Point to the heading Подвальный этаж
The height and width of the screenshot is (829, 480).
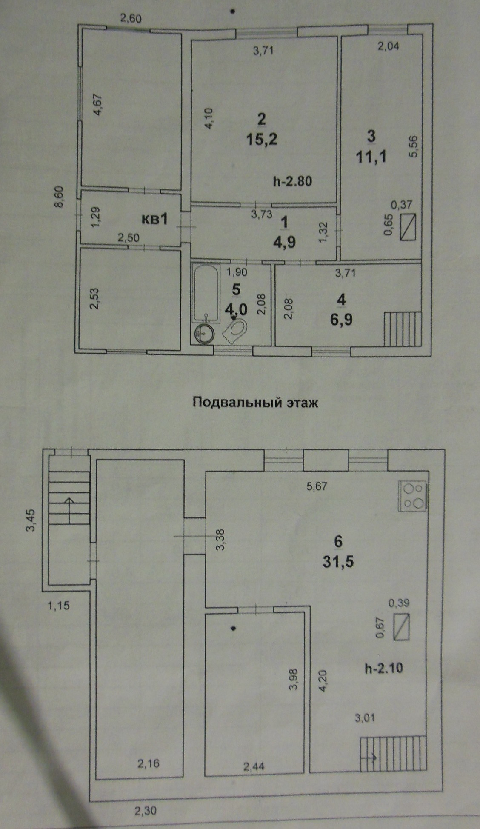(x=255, y=403)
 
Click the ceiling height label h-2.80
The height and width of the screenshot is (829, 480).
(x=292, y=181)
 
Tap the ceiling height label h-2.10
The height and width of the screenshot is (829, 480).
(x=384, y=668)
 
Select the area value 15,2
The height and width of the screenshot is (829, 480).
(x=261, y=139)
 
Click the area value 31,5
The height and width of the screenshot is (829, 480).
(x=338, y=562)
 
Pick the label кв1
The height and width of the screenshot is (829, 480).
(x=155, y=219)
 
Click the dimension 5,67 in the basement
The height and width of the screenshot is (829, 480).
(x=317, y=486)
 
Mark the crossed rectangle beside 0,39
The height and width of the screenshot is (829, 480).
(x=401, y=627)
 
